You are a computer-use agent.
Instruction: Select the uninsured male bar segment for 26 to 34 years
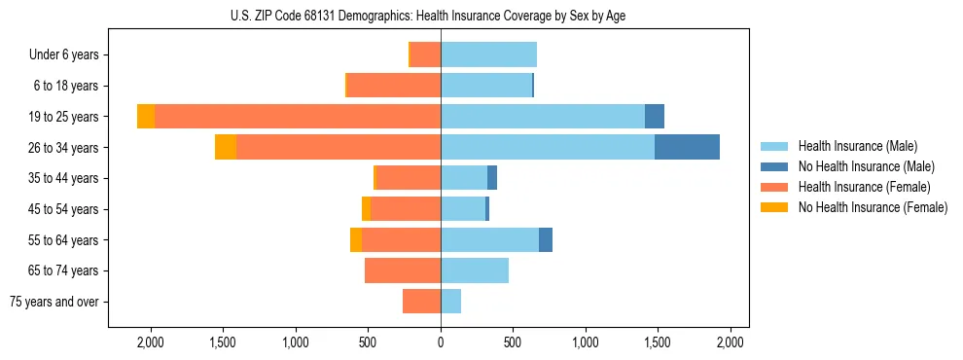[687, 148]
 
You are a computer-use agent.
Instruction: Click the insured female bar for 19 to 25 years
[297, 117]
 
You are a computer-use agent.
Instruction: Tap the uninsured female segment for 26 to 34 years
[226, 148]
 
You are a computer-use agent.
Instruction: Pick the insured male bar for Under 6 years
[488, 54]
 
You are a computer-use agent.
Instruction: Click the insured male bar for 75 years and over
[450, 302]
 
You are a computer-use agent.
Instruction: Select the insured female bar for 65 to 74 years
[403, 270]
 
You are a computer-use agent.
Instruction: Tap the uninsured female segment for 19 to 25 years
[146, 117]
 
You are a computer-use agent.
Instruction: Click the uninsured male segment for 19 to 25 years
[655, 117]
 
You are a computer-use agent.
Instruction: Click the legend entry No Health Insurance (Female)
[873, 207]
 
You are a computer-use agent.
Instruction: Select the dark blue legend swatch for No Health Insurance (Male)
[774, 166]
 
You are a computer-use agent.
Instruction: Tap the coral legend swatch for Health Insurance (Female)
[774, 187]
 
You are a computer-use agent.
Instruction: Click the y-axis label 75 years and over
[54, 302]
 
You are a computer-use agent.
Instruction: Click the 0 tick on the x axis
[441, 342]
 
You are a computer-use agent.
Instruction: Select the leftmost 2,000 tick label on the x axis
[151, 342]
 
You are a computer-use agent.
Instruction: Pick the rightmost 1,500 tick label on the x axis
[658, 342]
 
